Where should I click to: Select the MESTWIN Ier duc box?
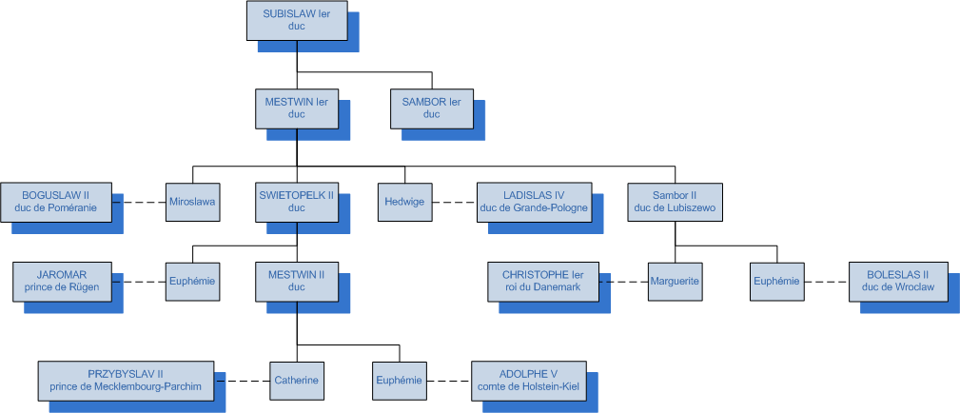coord(296,108)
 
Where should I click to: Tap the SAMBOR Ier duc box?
coord(431,108)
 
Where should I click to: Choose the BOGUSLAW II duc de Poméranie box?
coord(56,202)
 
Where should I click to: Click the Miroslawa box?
coord(192,202)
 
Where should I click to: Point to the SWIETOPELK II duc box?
coord(296,202)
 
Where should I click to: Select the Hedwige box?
coord(404,202)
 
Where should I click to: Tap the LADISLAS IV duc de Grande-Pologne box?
coord(534,202)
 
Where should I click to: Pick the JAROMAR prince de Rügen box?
coord(62,281)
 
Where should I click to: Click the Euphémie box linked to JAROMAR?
coord(192,281)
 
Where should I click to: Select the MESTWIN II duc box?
coord(296,281)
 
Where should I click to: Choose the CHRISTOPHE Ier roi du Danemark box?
coord(542,281)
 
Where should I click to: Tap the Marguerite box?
coord(675,281)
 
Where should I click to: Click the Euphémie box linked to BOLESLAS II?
coord(776,281)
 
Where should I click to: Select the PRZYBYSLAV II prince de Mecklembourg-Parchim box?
coord(126,380)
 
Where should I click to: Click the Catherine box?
coord(297,380)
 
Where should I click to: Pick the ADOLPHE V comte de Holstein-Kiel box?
coord(528,380)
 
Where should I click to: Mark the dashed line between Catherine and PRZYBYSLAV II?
coord(242,380)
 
